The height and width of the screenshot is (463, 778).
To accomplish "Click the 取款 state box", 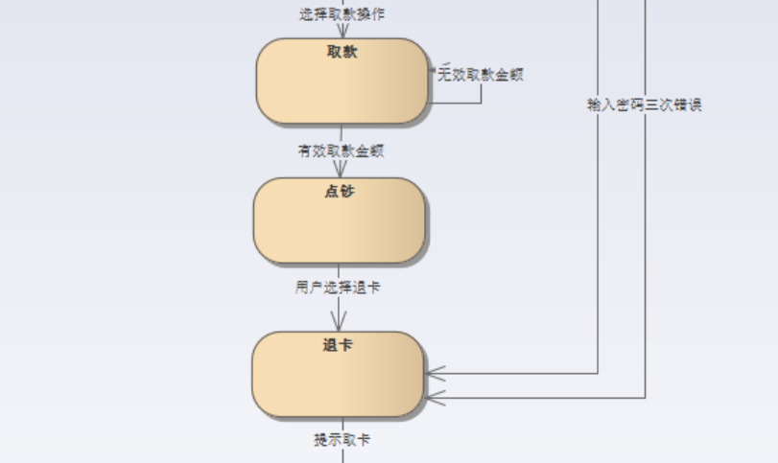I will [342, 86].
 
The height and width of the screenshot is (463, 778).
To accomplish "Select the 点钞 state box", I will [339, 225].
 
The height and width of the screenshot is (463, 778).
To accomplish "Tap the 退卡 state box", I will [338, 379].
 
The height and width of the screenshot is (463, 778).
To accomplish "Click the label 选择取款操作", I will [342, 14].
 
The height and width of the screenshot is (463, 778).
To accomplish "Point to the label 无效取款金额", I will [481, 74].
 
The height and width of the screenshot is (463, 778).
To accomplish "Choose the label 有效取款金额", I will [341, 150].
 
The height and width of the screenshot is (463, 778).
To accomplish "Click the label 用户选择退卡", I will [338, 287].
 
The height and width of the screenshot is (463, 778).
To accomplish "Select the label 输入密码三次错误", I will [645, 104].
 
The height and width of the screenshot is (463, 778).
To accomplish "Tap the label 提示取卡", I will [342, 439].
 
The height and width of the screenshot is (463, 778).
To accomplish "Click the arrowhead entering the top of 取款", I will [342, 33].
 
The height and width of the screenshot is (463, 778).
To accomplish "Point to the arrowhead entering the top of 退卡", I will [338, 323].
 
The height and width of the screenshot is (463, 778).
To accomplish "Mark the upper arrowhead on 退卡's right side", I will [436, 373].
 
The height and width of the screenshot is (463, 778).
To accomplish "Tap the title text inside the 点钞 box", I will [340, 191].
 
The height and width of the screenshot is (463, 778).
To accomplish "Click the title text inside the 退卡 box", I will [338, 344].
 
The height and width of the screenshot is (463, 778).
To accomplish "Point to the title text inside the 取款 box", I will [342, 52].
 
